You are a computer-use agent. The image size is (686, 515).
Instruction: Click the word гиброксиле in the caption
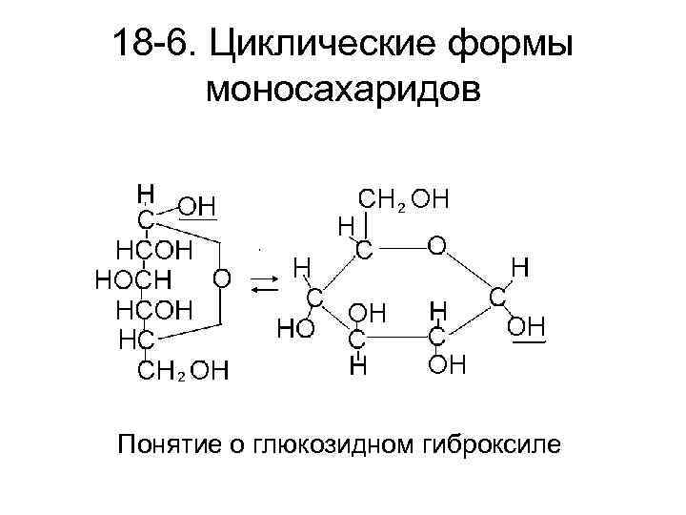[494, 444]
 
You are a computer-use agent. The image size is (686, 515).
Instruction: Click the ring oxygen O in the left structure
[221, 278]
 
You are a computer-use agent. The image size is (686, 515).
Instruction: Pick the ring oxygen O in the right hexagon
[435, 246]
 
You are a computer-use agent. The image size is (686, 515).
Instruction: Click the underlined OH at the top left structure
[199, 205]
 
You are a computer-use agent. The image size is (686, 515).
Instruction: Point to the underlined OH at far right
[525, 328]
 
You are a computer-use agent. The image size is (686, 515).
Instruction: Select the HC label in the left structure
[134, 339]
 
